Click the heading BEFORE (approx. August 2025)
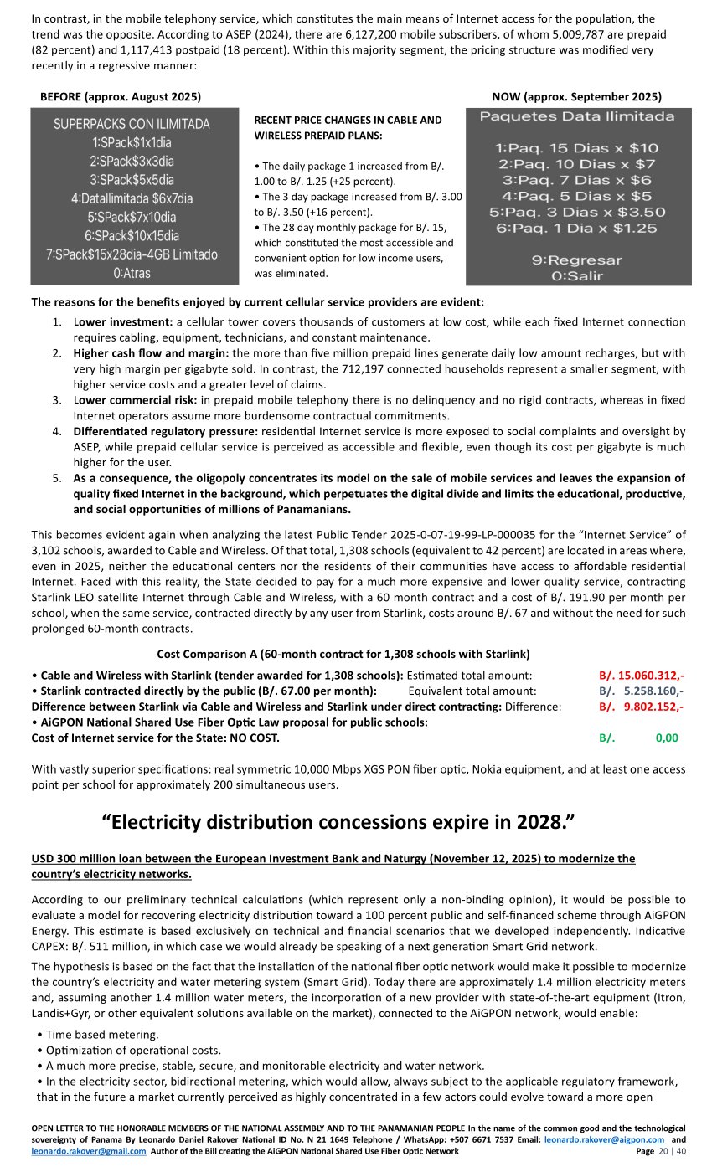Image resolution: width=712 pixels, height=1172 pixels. tap(121, 97)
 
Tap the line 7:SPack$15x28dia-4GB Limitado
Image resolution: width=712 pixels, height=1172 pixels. tap(132, 254)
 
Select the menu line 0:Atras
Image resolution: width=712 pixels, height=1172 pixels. tap(132, 273)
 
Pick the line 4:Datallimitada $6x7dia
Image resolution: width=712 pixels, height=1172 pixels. tap(132, 198)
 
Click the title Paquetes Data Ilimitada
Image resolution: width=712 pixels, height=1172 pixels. tap(577, 116)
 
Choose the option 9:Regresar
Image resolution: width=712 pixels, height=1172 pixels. tap(577, 260)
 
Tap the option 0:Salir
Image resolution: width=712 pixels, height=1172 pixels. tap(577, 276)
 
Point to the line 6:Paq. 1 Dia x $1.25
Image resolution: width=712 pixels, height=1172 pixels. tap(577, 228)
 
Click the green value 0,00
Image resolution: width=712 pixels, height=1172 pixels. tap(667, 738)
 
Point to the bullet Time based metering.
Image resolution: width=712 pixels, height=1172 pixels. tap(97, 1035)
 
